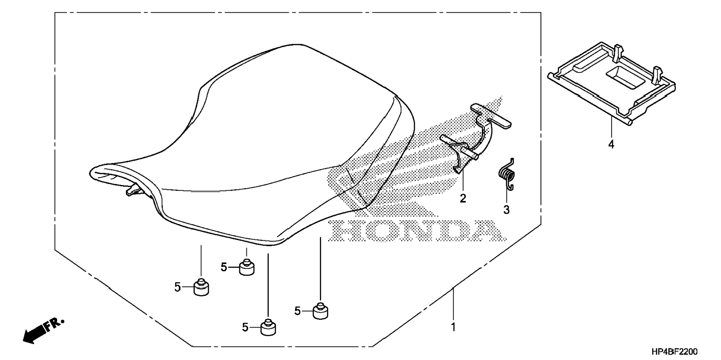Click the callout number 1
[x=453, y=327]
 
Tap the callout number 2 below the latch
[x=463, y=198]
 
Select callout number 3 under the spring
[x=506, y=210]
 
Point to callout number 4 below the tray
[x=611, y=144]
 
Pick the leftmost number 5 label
[x=177, y=287]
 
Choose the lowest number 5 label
[x=245, y=328]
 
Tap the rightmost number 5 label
[x=297, y=311]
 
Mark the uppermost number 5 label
[x=224, y=267]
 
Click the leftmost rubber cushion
[x=201, y=288]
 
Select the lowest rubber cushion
[x=268, y=328]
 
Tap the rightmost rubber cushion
[x=320, y=311]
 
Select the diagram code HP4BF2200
[x=674, y=351]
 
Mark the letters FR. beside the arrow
[x=55, y=325]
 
